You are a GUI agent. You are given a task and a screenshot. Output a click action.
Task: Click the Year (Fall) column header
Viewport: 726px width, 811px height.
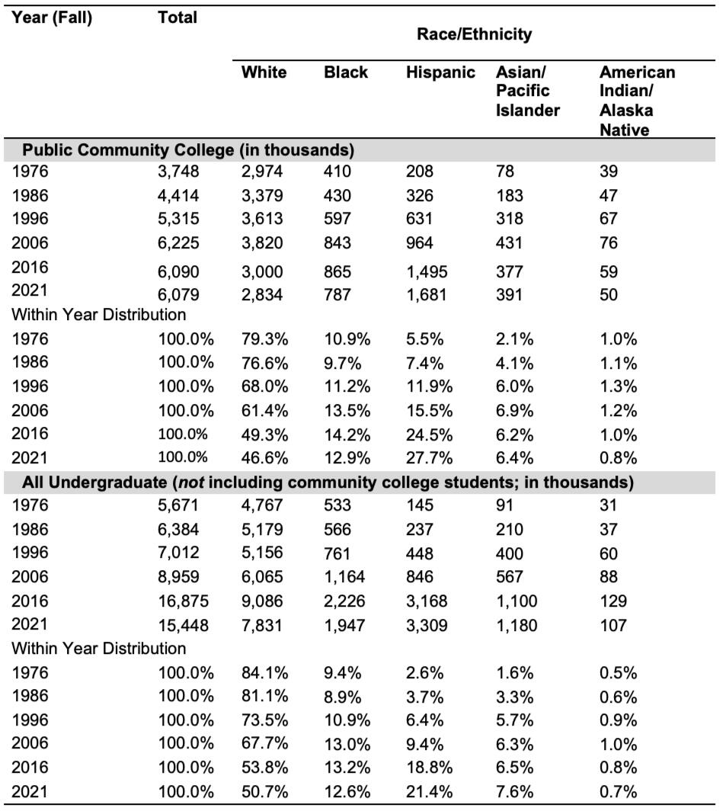coord(52,18)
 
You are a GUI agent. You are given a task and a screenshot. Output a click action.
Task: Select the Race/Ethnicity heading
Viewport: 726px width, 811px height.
coord(474,34)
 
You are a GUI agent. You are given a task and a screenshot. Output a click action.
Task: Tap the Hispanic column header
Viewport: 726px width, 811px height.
coord(440,72)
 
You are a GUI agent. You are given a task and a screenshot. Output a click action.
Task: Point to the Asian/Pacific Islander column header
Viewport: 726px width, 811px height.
coord(527,91)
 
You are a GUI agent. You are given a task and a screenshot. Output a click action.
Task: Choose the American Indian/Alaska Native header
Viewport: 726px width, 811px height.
coord(637,101)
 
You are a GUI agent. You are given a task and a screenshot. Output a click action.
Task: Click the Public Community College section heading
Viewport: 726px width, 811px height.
coord(188,150)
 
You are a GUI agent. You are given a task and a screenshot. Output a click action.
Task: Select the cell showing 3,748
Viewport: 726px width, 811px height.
coord(178,171)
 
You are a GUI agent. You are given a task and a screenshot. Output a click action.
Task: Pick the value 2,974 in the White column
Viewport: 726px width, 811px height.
coord(262,171)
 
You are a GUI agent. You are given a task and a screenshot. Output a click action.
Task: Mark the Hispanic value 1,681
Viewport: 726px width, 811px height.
coord(427,296)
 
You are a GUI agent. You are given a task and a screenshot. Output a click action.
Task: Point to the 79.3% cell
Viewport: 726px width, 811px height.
coord(264,340)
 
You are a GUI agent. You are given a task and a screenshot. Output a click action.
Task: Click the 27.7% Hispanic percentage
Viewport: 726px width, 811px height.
coord(430,458)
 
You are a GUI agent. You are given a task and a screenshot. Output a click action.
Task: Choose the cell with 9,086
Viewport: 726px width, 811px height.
coord(262,601)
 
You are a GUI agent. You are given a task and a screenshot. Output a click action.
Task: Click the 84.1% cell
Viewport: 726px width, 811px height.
coord(264,673)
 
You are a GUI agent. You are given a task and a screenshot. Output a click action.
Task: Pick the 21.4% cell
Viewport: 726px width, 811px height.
coord(430,792)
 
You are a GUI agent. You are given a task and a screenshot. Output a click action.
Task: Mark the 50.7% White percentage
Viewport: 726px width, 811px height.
coord(264,792)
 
